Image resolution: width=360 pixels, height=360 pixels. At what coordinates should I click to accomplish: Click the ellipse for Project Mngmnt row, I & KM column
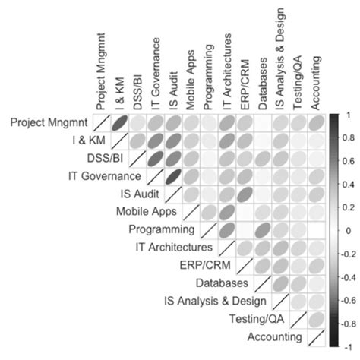(119, 123)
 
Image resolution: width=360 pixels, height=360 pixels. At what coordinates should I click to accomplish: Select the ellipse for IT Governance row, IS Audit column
(173, 176)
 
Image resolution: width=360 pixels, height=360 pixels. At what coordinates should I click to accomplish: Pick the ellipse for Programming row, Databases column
(262, 229)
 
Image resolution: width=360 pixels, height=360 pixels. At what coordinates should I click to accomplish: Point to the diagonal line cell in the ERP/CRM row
(244, 265)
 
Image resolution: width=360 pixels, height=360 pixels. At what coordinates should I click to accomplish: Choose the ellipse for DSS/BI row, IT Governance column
(155, 158)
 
